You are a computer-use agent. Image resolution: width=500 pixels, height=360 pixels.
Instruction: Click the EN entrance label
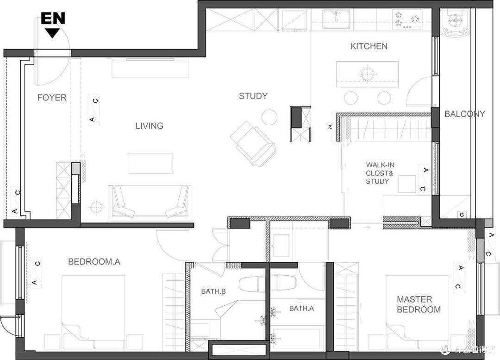coord(53,19)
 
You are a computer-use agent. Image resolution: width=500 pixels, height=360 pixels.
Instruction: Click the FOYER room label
coord(52,97)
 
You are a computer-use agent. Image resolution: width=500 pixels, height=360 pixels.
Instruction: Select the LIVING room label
coord(149,126)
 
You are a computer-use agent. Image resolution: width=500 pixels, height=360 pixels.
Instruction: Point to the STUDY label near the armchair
coord(253,96)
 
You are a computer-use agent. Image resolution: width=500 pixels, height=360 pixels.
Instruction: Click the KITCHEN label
coord(369,46)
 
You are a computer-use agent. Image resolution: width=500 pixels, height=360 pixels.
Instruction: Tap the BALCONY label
coord(465,114)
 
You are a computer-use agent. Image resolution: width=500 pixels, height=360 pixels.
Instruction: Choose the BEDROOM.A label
coord(94,262)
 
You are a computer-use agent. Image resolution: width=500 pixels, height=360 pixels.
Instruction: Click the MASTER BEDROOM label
coord(419,304)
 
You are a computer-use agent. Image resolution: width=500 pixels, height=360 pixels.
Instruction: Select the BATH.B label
coord(213,291)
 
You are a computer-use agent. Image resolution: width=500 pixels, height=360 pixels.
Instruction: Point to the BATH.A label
coord(301,308)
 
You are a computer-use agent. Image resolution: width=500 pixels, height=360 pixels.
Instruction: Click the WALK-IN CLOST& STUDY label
coord(380,173)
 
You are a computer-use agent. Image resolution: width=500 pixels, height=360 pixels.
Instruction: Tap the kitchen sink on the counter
coord(336,19)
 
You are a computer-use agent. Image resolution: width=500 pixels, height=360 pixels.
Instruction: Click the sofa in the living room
coord(150,203)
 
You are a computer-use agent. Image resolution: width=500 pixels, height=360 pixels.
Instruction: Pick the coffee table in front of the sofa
coord(150,164)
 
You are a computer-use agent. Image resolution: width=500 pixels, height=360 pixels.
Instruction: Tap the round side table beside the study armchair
coord(269,117)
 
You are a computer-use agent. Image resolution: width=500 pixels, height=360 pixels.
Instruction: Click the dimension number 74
coord(331,126)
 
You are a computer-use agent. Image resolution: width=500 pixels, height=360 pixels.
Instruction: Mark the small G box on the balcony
coord(462,215)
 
